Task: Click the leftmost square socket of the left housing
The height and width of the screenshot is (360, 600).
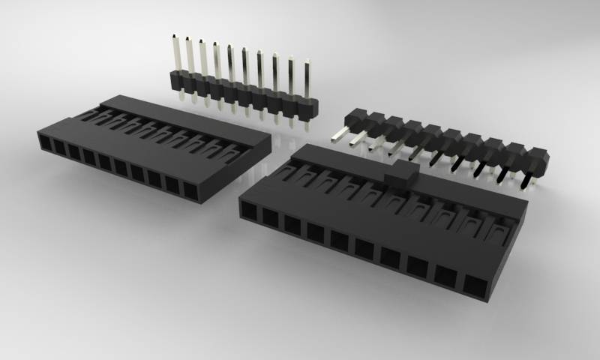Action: coord(45,143)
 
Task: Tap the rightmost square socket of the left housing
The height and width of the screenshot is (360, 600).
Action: coord(190,190)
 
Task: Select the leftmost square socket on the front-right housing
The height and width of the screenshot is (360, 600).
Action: coord(249,209)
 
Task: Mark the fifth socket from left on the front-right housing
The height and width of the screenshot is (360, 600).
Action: coord(339,239)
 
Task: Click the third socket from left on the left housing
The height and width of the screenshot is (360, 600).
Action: coord(74,152)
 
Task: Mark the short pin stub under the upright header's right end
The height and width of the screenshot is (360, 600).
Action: coord(307,124)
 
